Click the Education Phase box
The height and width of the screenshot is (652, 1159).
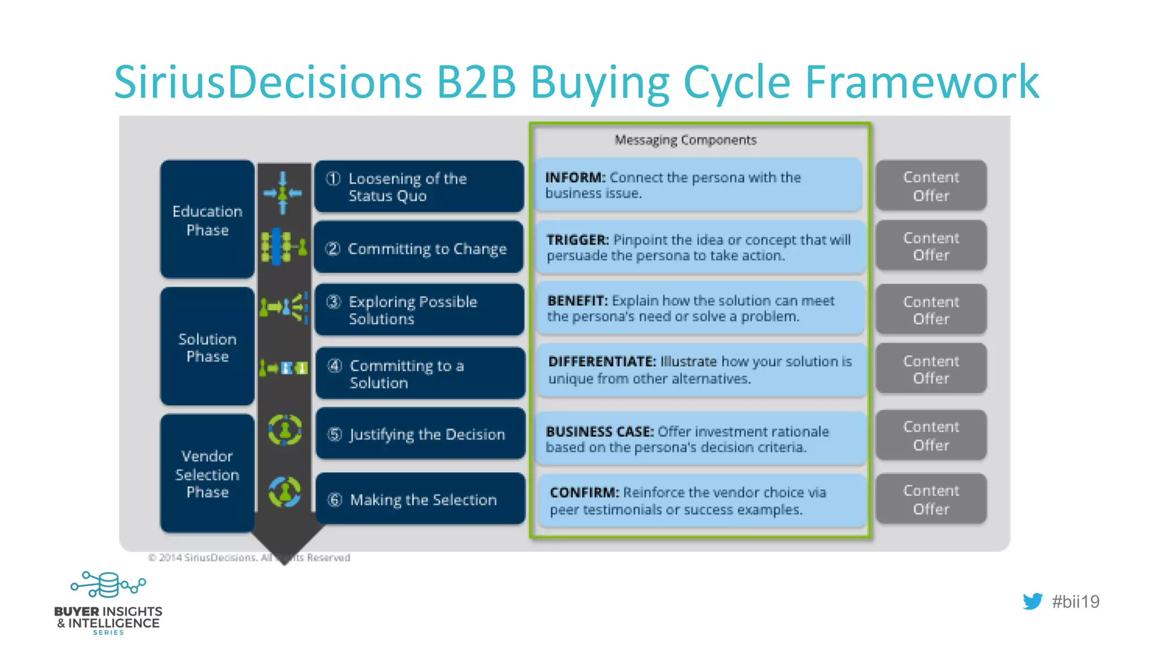point(207,220)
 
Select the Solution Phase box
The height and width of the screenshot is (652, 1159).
point(207,347)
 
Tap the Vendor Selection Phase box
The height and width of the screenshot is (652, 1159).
point(207,474)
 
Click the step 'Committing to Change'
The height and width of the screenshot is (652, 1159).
point(419,248)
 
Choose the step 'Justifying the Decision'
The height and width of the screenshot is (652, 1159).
point(420,434)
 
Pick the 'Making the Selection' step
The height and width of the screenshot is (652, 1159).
point(420,499)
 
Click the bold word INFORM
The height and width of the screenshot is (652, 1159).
point(575,178)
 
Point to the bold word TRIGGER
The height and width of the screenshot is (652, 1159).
point(577,240)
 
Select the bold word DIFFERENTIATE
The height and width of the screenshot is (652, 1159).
point(602,361)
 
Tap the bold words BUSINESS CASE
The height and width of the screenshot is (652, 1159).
point(599,431)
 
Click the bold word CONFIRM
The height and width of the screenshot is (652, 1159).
point(584,492)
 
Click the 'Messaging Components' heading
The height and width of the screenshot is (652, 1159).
point(685,140)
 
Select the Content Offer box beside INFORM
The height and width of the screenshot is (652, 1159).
point(931,186)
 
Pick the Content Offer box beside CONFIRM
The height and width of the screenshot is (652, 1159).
point(931,499)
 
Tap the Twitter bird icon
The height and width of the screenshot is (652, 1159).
point(1032,601)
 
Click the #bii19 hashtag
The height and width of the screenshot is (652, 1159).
point(1075,602)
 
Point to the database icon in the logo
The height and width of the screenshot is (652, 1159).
point(108,585)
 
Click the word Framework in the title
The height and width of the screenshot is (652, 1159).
point(922,82)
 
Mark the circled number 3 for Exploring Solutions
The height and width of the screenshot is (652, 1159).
point(334,302)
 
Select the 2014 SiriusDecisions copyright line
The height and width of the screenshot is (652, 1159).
point(249,557)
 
